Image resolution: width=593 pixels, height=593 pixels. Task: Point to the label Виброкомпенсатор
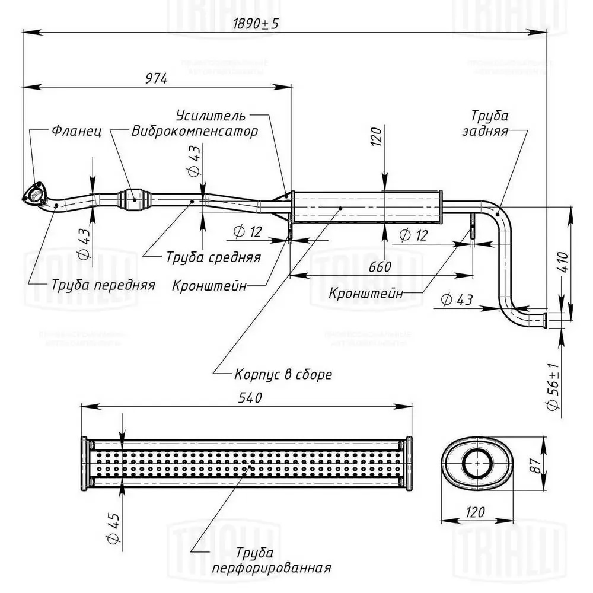coord(195,131)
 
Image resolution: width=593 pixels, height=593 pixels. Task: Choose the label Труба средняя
coord(213,257)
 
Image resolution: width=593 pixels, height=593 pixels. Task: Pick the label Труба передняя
coord(103,285)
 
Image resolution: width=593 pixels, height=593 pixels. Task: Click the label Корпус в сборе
coord(283,375)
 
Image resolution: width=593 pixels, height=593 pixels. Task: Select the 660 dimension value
coord(380,267)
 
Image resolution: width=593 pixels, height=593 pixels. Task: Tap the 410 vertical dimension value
coord(563,262)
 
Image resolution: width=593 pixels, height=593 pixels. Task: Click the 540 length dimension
coord(245,398)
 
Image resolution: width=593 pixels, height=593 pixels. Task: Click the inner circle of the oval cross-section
coord(474,464)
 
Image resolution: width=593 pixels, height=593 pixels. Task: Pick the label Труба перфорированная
coord(271,560)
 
